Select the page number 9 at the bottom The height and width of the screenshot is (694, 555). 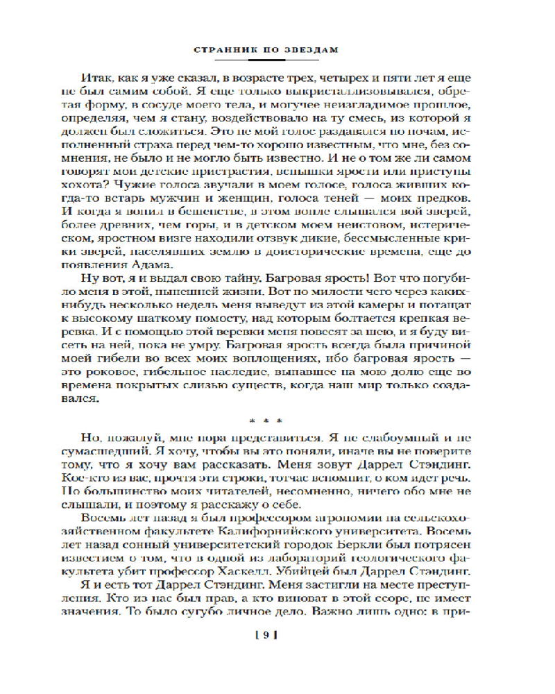coord(266,634)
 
